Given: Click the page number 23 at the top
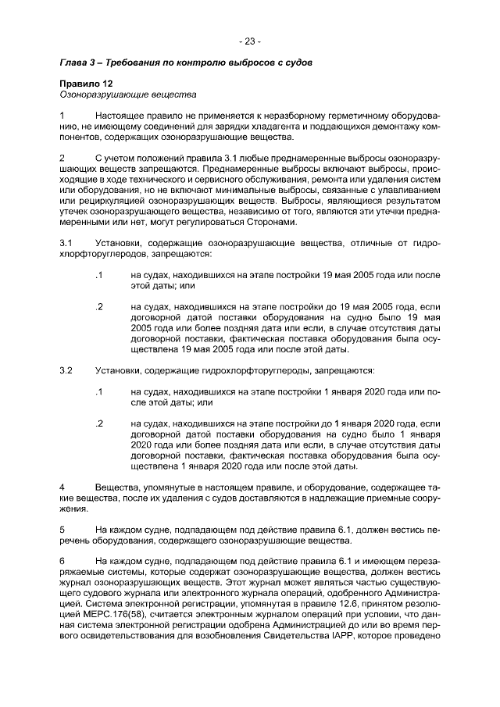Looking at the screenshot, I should [250, 41].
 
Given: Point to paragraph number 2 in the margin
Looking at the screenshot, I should [62, 159].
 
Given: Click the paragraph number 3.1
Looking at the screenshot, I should [66, 244].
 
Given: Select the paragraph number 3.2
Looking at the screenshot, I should [66, 370].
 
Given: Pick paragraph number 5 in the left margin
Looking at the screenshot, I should [62, 529].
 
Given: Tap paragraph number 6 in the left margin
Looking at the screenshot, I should [62, 561].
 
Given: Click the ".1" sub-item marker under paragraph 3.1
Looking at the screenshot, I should [98, 276].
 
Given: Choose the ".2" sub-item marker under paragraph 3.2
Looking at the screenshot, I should [98, 423].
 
